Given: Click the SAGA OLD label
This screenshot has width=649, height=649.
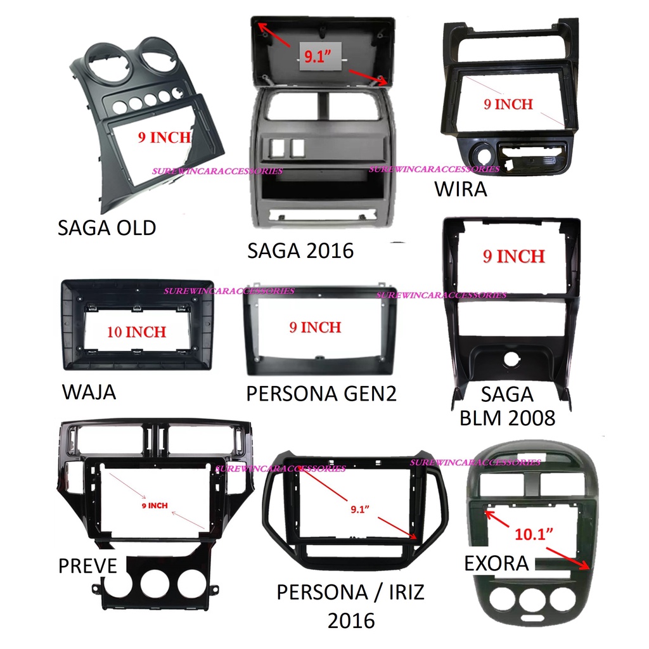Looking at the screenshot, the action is [106, 228].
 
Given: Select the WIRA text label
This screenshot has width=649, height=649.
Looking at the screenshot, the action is [461, 189].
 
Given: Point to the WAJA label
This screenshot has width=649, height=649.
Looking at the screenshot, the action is [89, 392].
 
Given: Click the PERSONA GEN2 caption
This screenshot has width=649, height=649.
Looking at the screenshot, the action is [321, 394].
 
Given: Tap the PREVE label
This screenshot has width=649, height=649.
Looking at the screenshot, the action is [87, 565].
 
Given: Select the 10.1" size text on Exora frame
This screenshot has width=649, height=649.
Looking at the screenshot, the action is [533, 534].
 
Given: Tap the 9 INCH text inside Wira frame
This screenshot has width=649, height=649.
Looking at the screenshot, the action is [508, 104].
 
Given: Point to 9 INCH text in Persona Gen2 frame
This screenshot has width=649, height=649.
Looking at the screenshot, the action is [314, 328].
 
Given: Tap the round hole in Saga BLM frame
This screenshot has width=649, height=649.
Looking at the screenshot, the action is [511, 360].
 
